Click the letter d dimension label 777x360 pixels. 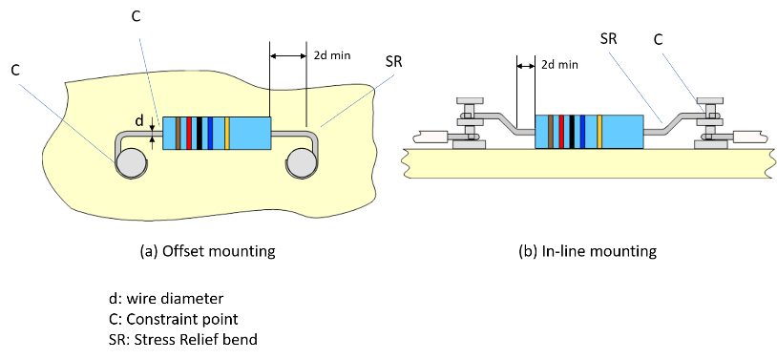(139, 122)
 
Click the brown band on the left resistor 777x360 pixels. (178, 133)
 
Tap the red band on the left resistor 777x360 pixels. (189, 133)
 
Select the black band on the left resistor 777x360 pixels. (199, 133)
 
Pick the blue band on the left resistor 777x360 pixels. (209, 133)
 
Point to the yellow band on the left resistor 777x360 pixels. (227, 133)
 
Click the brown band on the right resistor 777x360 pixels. (551, 131)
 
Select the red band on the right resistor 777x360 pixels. (561, 131)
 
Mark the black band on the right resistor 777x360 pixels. (571, 131)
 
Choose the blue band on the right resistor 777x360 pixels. (580, 131)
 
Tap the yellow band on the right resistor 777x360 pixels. (598, 131)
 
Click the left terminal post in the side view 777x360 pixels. (469, 122)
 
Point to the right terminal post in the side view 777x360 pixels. (712, 122)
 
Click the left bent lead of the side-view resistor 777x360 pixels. (506, 125)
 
